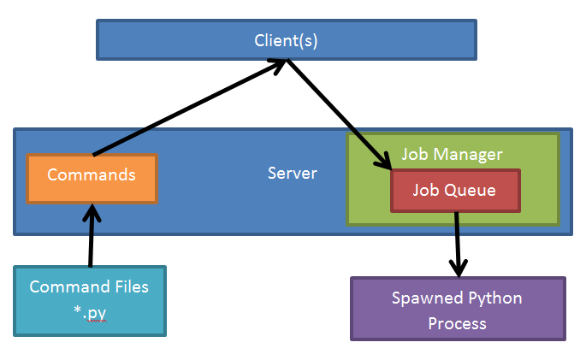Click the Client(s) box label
pos(286,40)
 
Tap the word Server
pos(292,174)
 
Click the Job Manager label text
pos(452,155)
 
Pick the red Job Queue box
pos(454,191)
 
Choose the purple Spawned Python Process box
pos(457,310)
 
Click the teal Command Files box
pos(89,300)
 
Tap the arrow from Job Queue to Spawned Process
pos(459,243)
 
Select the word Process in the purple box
pos(457,323)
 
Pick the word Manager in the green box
pos(471,155)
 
